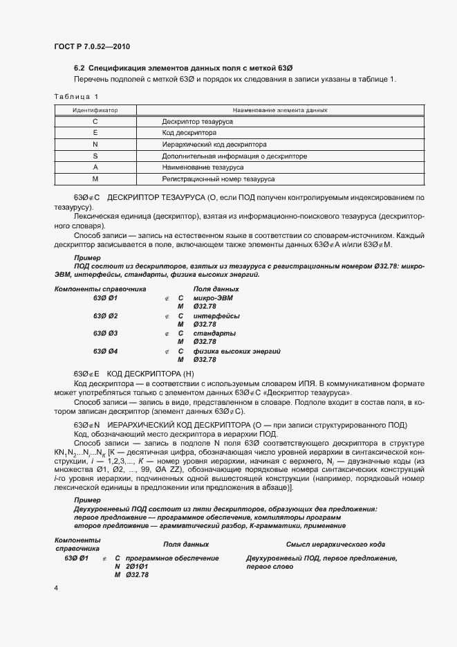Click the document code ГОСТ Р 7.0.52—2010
[92, 46]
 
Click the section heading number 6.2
[80, 68]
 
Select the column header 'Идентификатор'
[95, 110]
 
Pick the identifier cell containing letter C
[95, 121]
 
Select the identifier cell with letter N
[95, 145]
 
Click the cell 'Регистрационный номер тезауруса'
[218, 179]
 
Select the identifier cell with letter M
[95, 179]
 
